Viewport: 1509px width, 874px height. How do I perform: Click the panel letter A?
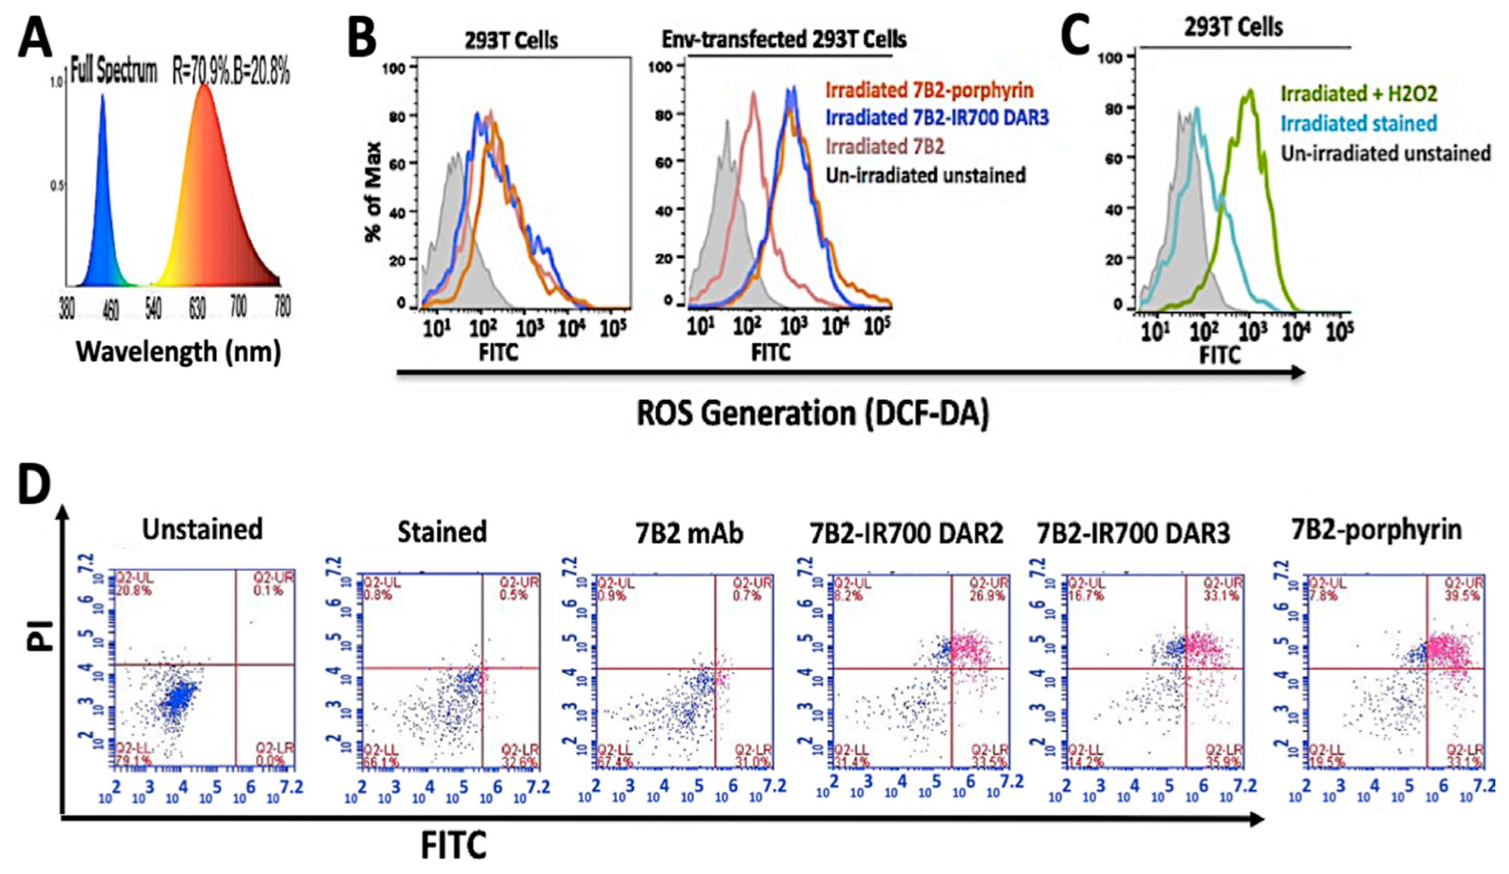point(35,37)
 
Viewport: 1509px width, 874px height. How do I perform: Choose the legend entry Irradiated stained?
point(1358,124)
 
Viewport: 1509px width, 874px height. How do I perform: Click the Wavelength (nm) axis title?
point(178,351)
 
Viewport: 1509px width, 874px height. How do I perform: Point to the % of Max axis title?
point(373,192)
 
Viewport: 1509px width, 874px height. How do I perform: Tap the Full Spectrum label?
point(114,72)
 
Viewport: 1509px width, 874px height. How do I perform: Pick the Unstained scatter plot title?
point(202,530)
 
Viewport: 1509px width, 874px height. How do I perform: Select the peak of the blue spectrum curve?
point(102,94)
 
